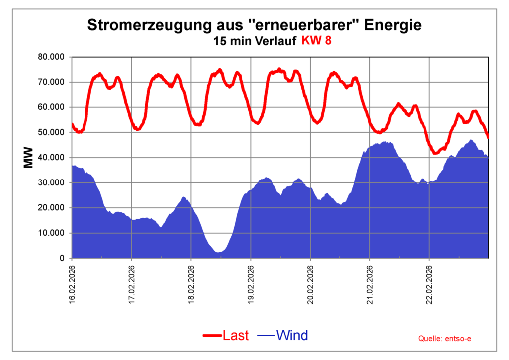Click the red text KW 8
pyautogui.click(x=316, y=41)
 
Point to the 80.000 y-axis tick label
pyautogui.click(x=51, y=57)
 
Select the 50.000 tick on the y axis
pyautogui.click(x=51, y=132)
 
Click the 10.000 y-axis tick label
pyautogui.click(x=51, y=233)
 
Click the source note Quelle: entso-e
pyautogui.click(x=445, y=339)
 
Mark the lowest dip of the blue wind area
pyautogui.click(x=218, y=252)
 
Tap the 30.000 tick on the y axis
pyautogui.click(x=51, y=182)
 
